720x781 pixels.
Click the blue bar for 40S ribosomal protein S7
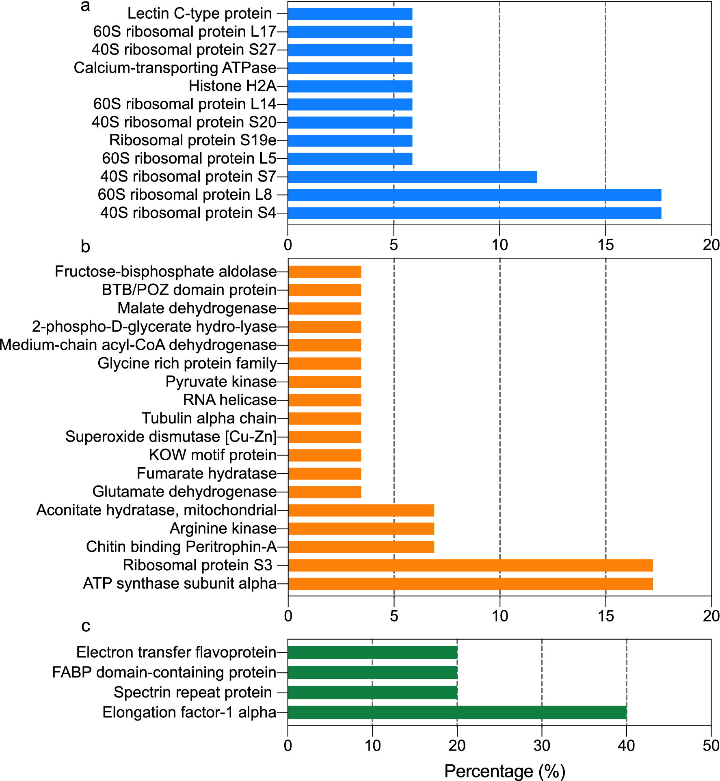coord(412,177)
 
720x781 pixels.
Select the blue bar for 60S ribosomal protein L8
coord(474,195)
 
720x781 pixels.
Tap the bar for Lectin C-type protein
coord(350,14)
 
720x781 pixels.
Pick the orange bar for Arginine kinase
coord(361,529)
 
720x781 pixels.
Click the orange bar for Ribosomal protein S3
coord(470,565)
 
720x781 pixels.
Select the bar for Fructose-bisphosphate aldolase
coord(324,272)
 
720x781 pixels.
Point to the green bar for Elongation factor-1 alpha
coord(457,712)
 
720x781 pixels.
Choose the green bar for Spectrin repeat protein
coord(372,693)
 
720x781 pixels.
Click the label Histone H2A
coord(232,86)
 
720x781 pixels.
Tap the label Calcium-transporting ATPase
coord(175,68)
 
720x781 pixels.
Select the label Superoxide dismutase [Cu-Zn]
coord(171,437)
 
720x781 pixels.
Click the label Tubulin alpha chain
coord(209,418)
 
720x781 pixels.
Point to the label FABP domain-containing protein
coord(164,672)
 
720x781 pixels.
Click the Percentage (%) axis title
coord(505,771)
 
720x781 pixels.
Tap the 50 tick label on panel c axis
coord(711,746)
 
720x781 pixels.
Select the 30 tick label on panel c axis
coord(541,746)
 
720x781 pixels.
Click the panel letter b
coord(85,246)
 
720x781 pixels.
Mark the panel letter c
coord(86,626)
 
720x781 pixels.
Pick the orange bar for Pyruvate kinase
coord(324,382)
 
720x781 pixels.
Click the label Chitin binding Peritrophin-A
coord(181,547)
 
